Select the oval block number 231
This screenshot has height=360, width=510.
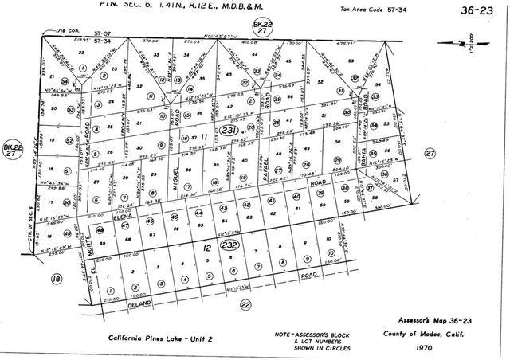(x=229, y=131)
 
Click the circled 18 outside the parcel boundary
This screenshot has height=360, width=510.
(x=56, y=279)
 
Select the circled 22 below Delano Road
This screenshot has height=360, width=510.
(x=245, y=304)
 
